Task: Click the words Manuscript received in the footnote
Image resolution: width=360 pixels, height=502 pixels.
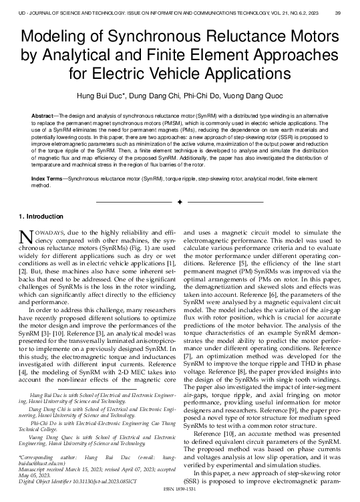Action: (43, 469)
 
